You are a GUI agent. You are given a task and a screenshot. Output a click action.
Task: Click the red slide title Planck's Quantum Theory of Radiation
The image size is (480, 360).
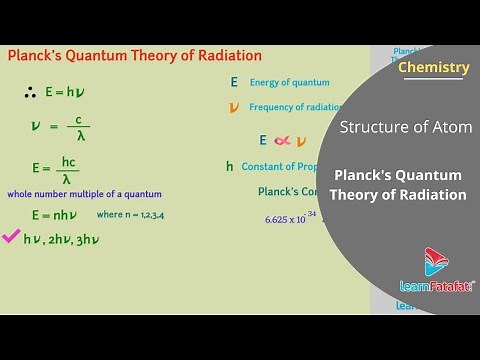click(x=134, y=56)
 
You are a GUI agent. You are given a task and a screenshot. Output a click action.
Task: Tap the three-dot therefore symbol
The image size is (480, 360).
click(x=30, y=92)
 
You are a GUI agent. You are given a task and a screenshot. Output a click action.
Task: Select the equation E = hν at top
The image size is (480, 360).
click(x=61, y=92)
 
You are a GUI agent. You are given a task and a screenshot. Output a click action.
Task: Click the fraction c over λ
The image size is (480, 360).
click(x=78, y=128)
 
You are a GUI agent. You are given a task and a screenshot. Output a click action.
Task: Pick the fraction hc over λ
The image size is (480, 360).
click(x=68, y=169)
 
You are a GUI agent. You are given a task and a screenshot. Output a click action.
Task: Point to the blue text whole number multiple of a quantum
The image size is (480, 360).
click(x=84, y=194)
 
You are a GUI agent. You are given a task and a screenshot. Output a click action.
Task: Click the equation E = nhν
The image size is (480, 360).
click(x=55, y=215)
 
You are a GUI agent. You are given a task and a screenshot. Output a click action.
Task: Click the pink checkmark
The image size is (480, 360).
click(x=12, y=238)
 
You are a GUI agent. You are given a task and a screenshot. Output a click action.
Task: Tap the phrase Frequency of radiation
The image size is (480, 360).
click(x=296, y=107)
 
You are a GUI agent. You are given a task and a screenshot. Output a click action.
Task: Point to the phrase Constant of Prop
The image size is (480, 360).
click(x=291, y=166)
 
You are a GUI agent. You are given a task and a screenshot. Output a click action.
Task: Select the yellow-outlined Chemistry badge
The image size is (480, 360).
click(x=433, y=68)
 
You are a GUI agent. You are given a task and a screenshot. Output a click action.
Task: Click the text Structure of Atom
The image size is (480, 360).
click(x=406, y=127)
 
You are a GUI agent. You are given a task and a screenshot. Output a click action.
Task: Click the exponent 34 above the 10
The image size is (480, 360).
click(x=311, y=213)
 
